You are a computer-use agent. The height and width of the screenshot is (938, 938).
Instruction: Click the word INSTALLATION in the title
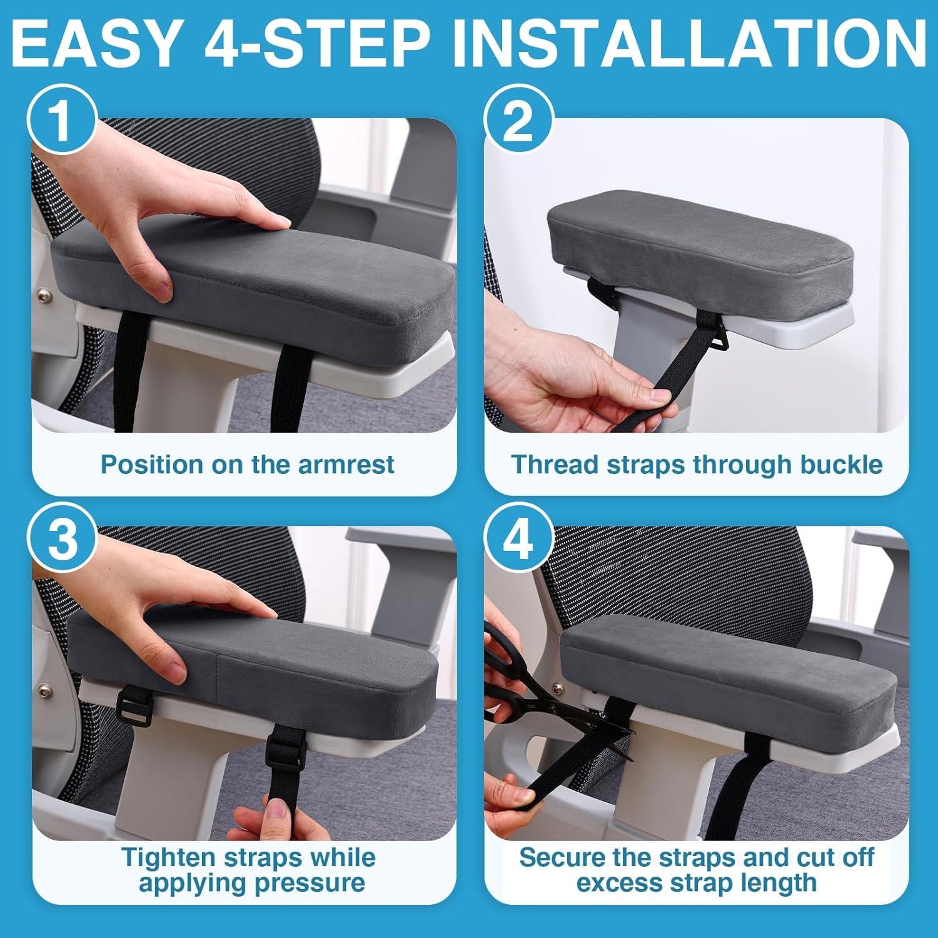coord(691,43)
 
